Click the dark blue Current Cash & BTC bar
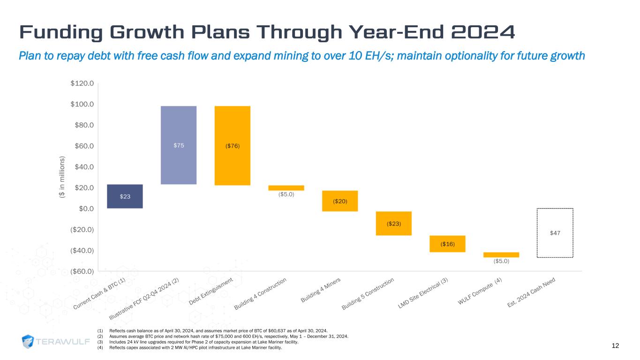point(125,196)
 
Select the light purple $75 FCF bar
point(179,145)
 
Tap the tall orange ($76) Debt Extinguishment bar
point(233,145)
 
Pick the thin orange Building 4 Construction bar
point(286,188)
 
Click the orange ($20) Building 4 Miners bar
point(340,201)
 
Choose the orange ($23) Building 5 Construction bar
point(394,223)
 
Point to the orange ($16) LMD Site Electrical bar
point(447,244)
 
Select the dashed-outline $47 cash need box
point(555,232)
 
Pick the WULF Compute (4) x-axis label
point(480,292)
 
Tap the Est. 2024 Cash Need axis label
point(534,292)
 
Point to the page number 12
point(615,345)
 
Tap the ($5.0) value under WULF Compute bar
point(501,262)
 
